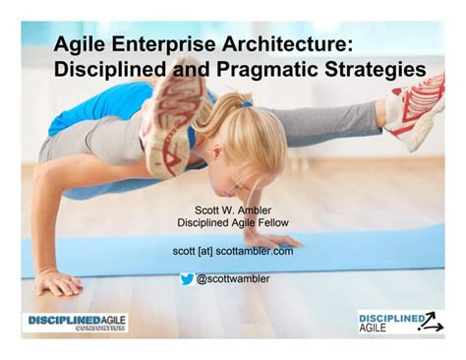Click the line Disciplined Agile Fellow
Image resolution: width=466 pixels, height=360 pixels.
tap(232, 222)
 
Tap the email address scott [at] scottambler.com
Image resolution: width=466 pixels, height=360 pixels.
tap(232, 251)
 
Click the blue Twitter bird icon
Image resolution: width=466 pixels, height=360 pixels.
tap(186, 278)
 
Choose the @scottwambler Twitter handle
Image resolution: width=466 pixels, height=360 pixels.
tap(234, 278)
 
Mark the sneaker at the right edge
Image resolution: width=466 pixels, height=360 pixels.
tap(419, 108)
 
